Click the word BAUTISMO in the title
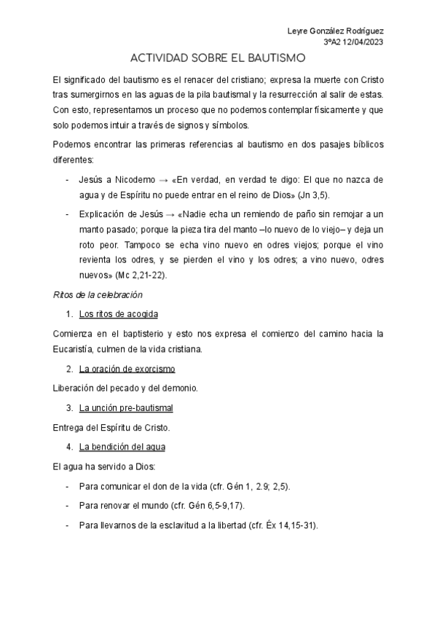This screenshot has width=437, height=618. (x=276, y=59)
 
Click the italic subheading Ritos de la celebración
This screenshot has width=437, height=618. (x=98, y=295)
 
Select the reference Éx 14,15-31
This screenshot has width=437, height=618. (x=288, y=525)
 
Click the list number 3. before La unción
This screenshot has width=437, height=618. (x=70, y=407)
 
